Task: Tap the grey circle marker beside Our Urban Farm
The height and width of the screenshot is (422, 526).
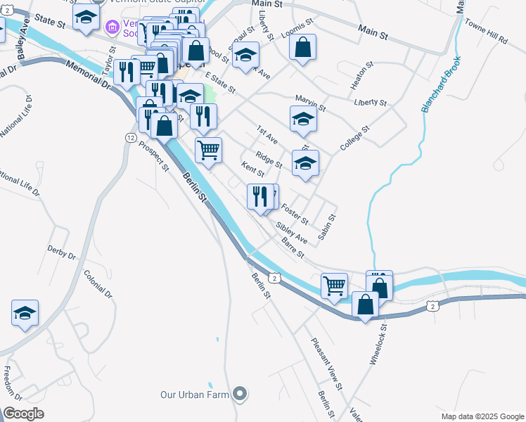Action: point(240,394)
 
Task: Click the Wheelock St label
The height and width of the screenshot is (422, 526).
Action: point(378,344)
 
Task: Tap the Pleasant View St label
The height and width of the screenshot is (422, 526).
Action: point(328,364)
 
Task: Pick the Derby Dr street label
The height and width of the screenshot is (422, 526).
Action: point(61,251)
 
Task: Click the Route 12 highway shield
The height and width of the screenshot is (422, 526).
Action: point(131,138)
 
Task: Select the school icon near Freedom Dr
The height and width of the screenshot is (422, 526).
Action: point(25,313)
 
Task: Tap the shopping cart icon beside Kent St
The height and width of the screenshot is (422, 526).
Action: point(208,150)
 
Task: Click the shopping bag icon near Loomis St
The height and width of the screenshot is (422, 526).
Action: point(302,48)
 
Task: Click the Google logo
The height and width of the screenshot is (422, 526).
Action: point(24,414)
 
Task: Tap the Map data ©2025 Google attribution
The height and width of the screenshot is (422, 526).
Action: point(482,416)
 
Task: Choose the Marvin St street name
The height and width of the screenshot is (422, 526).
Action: point(311,103)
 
